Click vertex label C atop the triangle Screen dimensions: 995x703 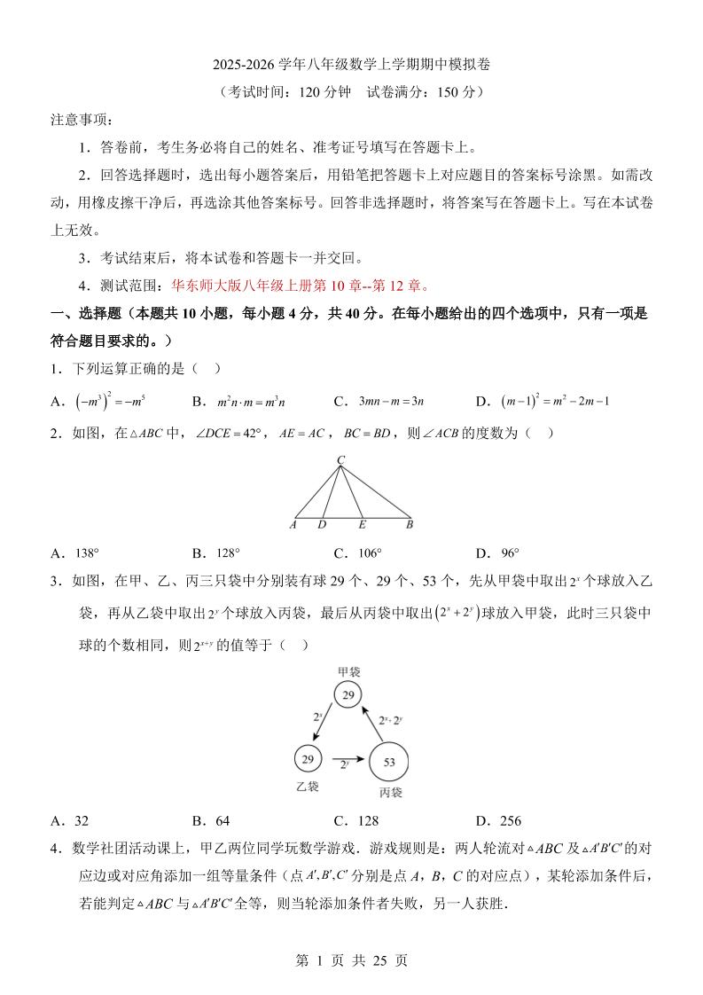click(x=340, y=459)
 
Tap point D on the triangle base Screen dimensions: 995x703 click(x=322, y=525)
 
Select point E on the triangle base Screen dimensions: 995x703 click(x=362, y=525)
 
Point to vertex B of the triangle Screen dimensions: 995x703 click(x=410, y=525)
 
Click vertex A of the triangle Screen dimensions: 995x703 click(x=293, y=525)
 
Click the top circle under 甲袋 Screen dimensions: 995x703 click(x=348, y=695)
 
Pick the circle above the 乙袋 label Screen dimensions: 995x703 click(x=308, y=759)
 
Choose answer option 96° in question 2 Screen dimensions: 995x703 click(x=510, y=553)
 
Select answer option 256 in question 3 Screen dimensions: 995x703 click(x=510, y=821)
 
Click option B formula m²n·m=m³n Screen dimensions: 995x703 click(x=251, y=402)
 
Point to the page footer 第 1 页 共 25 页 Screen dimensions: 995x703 click(x=351, y=960)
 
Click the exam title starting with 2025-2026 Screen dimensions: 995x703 click(x=351, y=65)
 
